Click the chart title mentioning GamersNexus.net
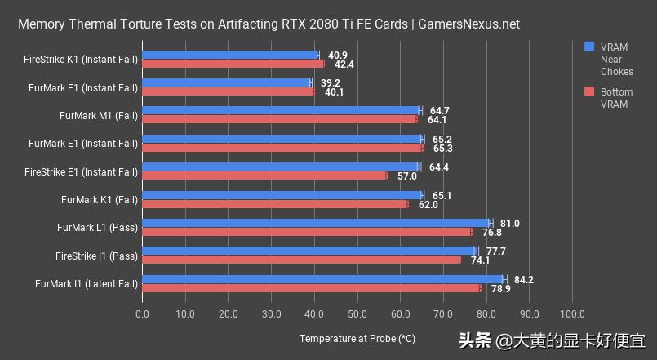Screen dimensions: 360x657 (269, 24)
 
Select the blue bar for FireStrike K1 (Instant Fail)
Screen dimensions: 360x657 (230, 55)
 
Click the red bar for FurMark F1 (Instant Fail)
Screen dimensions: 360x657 (229, 91)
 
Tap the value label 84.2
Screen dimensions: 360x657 (523, 279)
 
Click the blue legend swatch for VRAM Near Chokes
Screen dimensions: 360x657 (590, 47)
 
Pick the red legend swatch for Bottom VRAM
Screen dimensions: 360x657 (590, 92)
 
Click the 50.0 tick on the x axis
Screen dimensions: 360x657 (357, 314)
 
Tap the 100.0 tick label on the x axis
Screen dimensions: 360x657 (571, 314)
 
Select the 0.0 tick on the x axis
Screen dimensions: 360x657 (143, 314)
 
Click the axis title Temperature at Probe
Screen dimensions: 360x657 (357, 338)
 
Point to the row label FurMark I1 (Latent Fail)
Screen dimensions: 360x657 (87, 283)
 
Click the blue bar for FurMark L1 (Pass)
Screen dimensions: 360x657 (317, 223)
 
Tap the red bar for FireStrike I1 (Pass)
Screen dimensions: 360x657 (301, 260)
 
